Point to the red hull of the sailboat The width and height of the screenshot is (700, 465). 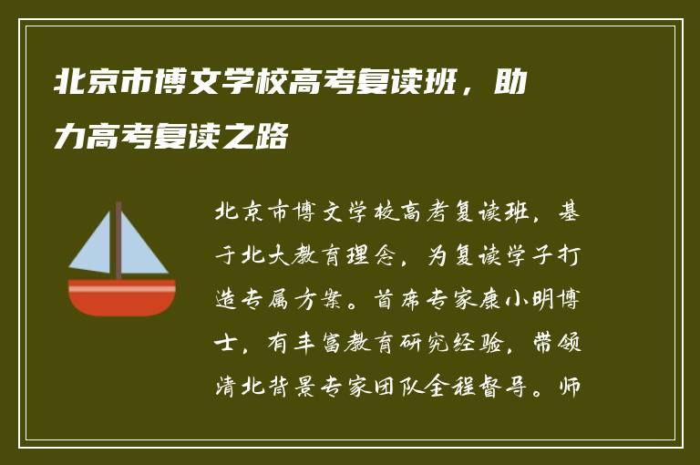(122, 303)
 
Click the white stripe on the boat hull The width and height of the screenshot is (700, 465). (122, 288)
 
